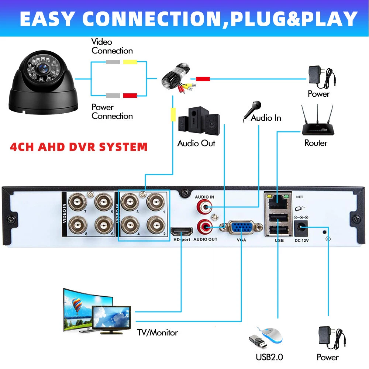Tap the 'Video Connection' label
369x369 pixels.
coord(112,46)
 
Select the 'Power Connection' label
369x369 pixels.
coord(112,111)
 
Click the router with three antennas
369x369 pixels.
coord(315,122)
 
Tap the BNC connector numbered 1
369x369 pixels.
coord(155,202)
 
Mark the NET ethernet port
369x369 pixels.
coord(276,201)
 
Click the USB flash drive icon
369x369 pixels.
coord(258,342)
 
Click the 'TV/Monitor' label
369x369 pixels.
coord(158,332)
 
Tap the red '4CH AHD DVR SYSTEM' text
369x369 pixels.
coord(79,147)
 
